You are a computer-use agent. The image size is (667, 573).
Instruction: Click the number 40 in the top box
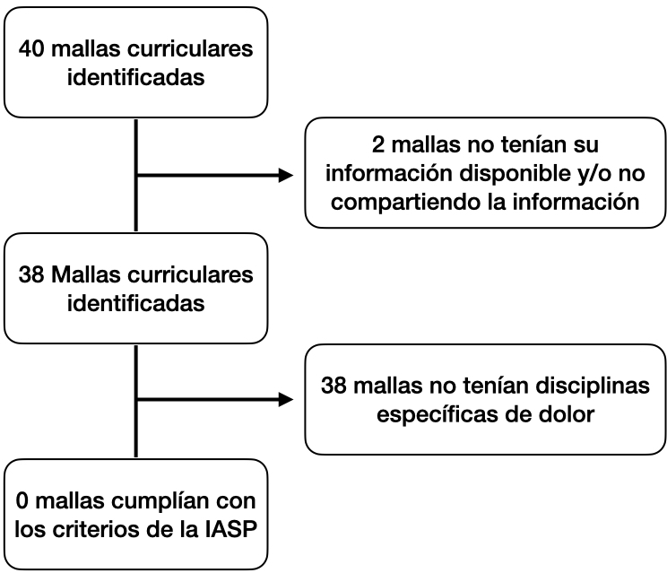[31, 48]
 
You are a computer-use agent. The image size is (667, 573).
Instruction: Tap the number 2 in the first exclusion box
[377, 144]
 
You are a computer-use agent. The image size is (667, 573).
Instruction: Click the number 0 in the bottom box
[22, 501]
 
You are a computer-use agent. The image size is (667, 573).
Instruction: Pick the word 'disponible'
[515, 174]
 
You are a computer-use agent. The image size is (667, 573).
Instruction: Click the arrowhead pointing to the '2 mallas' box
[285, 175]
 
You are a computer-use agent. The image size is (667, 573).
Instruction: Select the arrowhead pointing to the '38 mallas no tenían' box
[285, 399]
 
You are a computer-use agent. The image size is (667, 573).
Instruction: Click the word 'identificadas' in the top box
[135, 77]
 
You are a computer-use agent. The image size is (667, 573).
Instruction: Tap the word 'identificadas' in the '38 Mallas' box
[135, 303]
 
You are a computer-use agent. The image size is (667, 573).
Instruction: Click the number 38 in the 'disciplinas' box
[333, 386]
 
